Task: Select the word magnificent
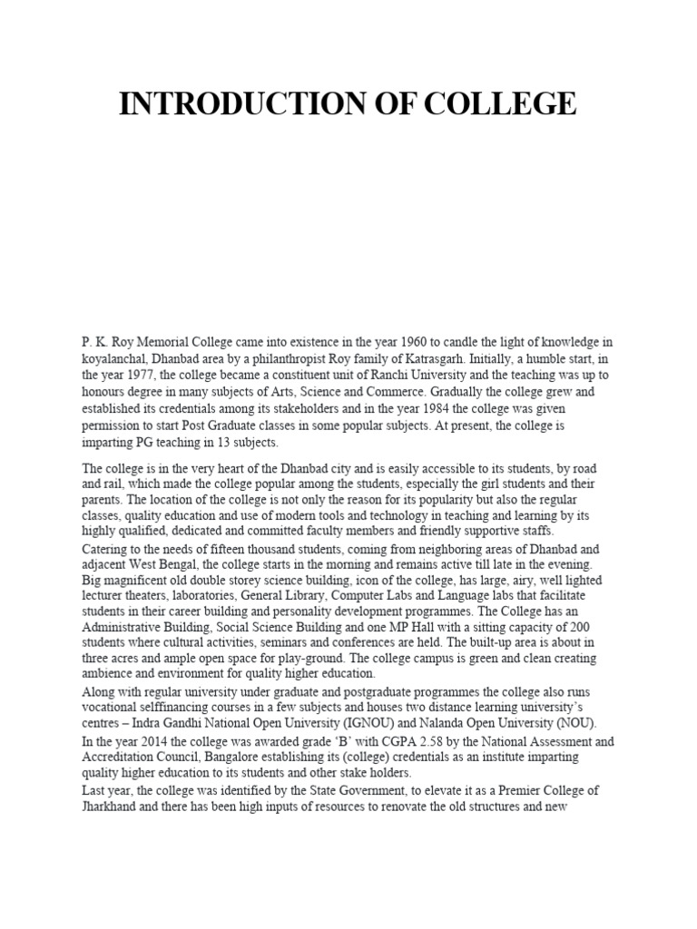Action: point(142,578)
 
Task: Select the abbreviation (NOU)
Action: point(580,723)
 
